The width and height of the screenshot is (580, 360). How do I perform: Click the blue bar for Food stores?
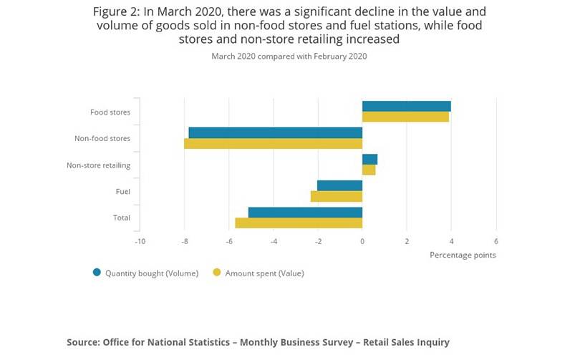tap(406, 107)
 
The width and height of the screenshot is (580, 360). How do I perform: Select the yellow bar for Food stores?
tap(405, 117)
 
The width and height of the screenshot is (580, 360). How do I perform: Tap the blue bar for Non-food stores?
tap(276, 132)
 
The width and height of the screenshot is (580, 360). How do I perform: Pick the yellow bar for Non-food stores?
tap(274, 143)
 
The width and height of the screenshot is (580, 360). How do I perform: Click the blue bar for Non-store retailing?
tap(369, 160)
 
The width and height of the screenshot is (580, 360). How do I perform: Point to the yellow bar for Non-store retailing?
tap(369, 170)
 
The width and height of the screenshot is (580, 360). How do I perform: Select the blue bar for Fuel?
tap(339, 186)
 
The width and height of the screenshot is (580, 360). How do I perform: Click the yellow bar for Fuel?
tap(337, 196)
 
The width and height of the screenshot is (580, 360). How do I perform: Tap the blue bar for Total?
tap(305, 213)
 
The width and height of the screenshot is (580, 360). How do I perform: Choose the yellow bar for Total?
tap(299, 223)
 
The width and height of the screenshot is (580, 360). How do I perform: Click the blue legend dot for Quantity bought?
tap(97, 272)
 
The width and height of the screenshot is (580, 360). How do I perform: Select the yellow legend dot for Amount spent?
tap(217, 272)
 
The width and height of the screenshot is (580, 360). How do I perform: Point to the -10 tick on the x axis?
tap(140, 241)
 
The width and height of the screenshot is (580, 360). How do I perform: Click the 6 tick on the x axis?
tap(496, 241)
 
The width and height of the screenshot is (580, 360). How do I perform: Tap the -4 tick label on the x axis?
tap(274, 241)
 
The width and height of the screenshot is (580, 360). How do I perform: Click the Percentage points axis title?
tap(463, 255)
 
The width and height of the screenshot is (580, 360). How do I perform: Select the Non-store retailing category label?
tap(98, 165)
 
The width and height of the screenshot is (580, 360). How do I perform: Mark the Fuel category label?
tap(122, 192)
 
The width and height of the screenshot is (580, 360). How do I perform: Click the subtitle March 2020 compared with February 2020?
tap(289, 56)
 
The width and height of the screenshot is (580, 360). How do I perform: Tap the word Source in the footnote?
tap(84, 342)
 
